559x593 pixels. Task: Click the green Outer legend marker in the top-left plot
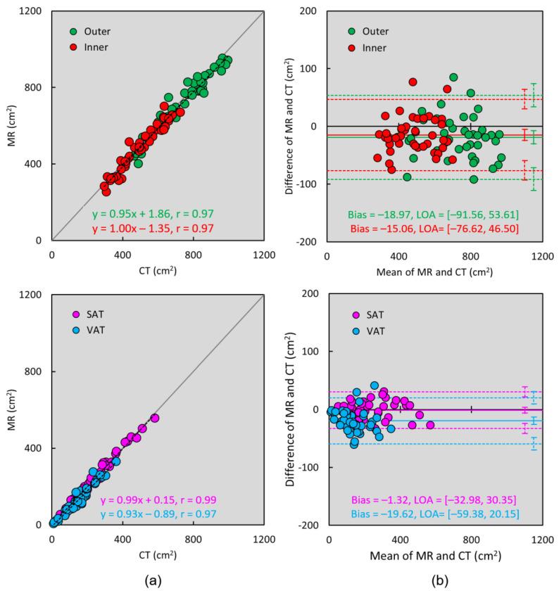click(x=74, y=31)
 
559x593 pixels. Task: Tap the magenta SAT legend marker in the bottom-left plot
click(x=74, y=314)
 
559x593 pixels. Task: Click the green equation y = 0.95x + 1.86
click(x=153, y=214)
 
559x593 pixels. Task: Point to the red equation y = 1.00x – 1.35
click(x=153, y=229)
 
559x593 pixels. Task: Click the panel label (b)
click(x=434, y=580)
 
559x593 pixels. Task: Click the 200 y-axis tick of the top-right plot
click(x=308, y=12)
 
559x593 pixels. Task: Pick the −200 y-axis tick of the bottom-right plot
click(x=306, y=525)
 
